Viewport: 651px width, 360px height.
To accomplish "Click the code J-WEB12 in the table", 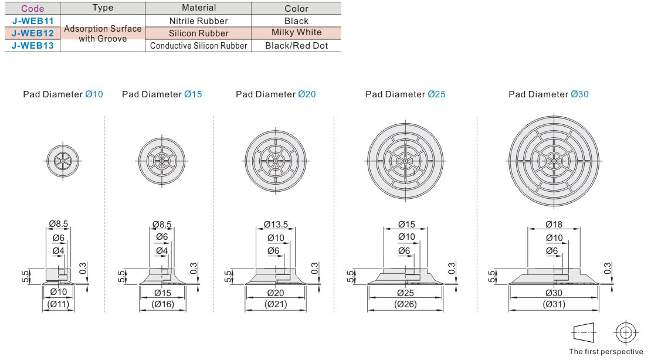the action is tap(32, 33).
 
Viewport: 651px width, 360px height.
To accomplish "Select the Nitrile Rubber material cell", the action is tap(198, 21).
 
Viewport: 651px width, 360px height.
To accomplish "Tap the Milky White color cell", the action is tap(296, 32).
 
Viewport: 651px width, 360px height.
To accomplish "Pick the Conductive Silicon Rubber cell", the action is tap(198, 46).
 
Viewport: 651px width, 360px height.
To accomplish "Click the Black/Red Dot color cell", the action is tap(296, 46).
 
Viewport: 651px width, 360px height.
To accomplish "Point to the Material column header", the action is tap(199, 8).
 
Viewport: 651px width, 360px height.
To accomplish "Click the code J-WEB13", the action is tap(32, 46).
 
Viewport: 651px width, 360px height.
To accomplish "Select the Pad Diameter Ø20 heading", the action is tap(276, 94).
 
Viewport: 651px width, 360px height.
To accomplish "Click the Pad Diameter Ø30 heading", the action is tap(548, 94).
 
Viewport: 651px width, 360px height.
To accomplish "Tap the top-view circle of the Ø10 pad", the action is tap(63, 161).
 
